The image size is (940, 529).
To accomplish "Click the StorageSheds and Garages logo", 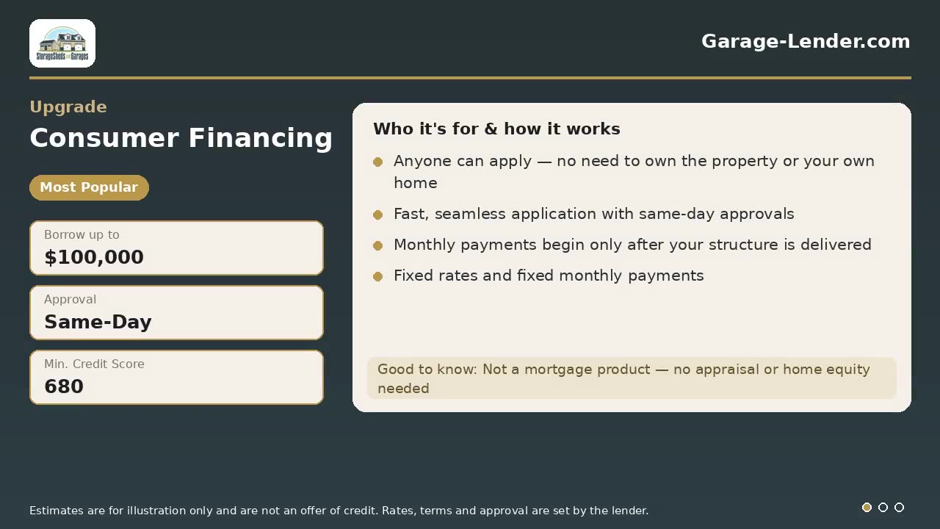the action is coord(62,43).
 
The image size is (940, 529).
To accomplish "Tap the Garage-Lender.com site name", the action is coord(806,41).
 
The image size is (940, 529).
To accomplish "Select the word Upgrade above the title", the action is coord(68,107).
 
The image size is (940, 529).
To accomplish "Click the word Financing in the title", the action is coord(261,139).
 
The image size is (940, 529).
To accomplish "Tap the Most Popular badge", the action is coord(89,187).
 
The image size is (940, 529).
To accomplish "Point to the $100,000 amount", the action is coord(94,257).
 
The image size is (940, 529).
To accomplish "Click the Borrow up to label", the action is coord(82,234).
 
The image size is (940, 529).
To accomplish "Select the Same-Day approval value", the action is coord(98,322).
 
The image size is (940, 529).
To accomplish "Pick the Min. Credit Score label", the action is coord(95,364).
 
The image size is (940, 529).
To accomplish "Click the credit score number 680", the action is coord(64,386).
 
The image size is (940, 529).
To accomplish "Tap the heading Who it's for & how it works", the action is coord(496,129).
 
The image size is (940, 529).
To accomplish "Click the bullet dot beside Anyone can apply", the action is coord(377,162).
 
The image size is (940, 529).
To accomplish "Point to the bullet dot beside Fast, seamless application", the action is coord(377,215).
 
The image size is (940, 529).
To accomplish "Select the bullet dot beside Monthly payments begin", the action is coord(377,245).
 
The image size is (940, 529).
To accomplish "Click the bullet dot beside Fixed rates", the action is coord(377,276).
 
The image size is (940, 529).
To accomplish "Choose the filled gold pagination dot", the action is coord(867,507).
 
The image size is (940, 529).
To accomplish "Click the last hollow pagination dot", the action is coord(900,507).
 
